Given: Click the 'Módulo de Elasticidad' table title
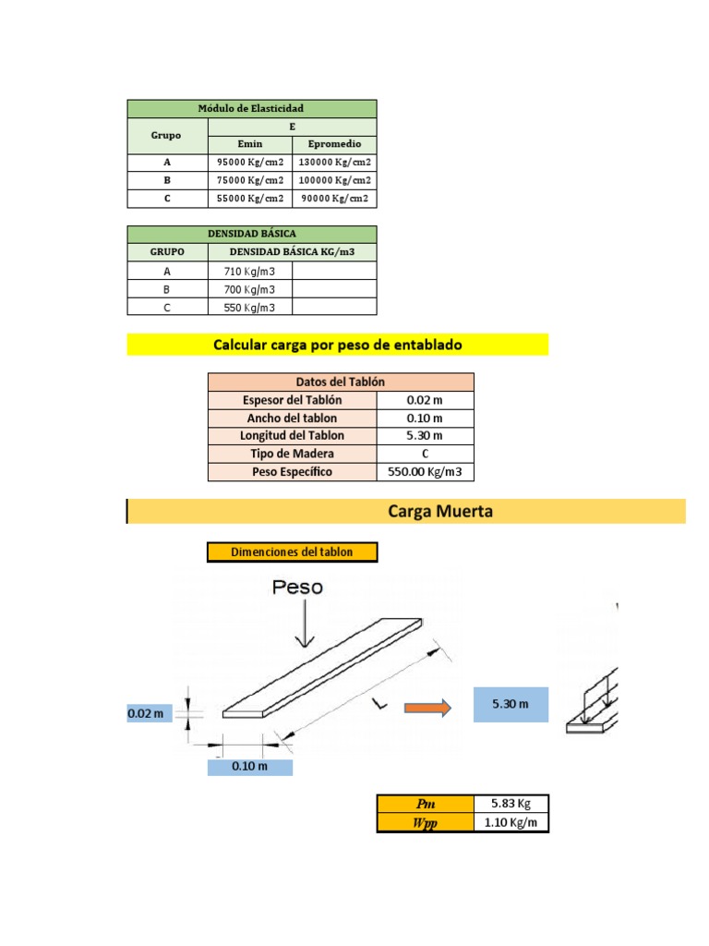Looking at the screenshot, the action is click(x=251, y=109).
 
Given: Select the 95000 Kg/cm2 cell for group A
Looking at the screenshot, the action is click(x=250, y=162).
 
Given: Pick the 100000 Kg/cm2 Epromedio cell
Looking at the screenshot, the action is click(x=334, y=180).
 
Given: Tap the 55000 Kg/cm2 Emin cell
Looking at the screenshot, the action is click(x=250, y=198).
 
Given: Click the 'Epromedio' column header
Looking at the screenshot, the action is click(x=334, y=144).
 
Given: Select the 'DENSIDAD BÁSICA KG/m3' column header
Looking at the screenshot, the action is click(x=292, y=251).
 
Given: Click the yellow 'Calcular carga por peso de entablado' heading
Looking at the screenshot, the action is click(x=337, y=345).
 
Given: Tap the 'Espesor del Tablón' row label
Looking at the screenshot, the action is click(x=292, y=400).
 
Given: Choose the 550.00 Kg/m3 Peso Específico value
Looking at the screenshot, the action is click(x=425, y=472).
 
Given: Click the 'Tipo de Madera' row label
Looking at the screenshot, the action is click(x=292, y=454).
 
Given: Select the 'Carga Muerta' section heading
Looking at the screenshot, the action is click(x=427, y=511).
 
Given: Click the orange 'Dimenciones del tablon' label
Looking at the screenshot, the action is click(x=293, y=552).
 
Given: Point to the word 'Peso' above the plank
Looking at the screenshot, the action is click(x=298, y=587).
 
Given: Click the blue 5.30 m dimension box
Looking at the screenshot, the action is click(x=511, y=704).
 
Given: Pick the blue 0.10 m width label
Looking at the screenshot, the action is click(x=249, y=767).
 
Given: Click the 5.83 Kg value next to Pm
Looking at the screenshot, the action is click(x=510, y=804).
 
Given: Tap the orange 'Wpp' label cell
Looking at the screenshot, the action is click(x=425, y=823).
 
